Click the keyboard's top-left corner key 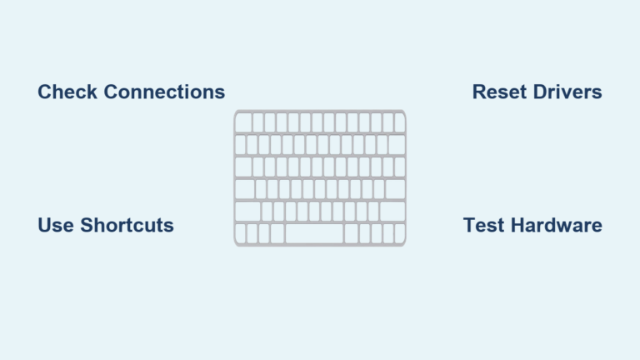pos(243,122)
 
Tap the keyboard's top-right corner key pos(399,122)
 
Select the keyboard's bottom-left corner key pos(240,233)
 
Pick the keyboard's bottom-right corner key pos(400,233)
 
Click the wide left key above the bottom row pos(247,212)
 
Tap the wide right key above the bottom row pos(392,212)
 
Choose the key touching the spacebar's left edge pos(277,233)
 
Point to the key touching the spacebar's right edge pos(351,233)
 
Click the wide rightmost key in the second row pos(397,145)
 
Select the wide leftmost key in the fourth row pos(244,189)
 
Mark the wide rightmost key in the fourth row pos(395,189)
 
